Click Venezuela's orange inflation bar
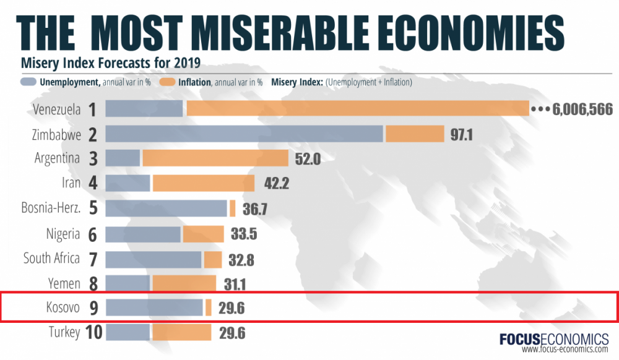coord(358,109)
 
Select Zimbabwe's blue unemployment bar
coord(244,134)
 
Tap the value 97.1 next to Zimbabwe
coord(462,134)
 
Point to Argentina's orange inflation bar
coord(215,158)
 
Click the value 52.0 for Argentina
coord(307,159)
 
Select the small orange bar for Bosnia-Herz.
coord(232,208)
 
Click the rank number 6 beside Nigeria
coord(93,234)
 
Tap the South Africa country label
coord(51,258)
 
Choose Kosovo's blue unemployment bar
coord(154,307)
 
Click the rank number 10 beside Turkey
coord(93,333)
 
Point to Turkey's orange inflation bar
coord(182,333)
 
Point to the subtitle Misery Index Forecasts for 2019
coord(109,62)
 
